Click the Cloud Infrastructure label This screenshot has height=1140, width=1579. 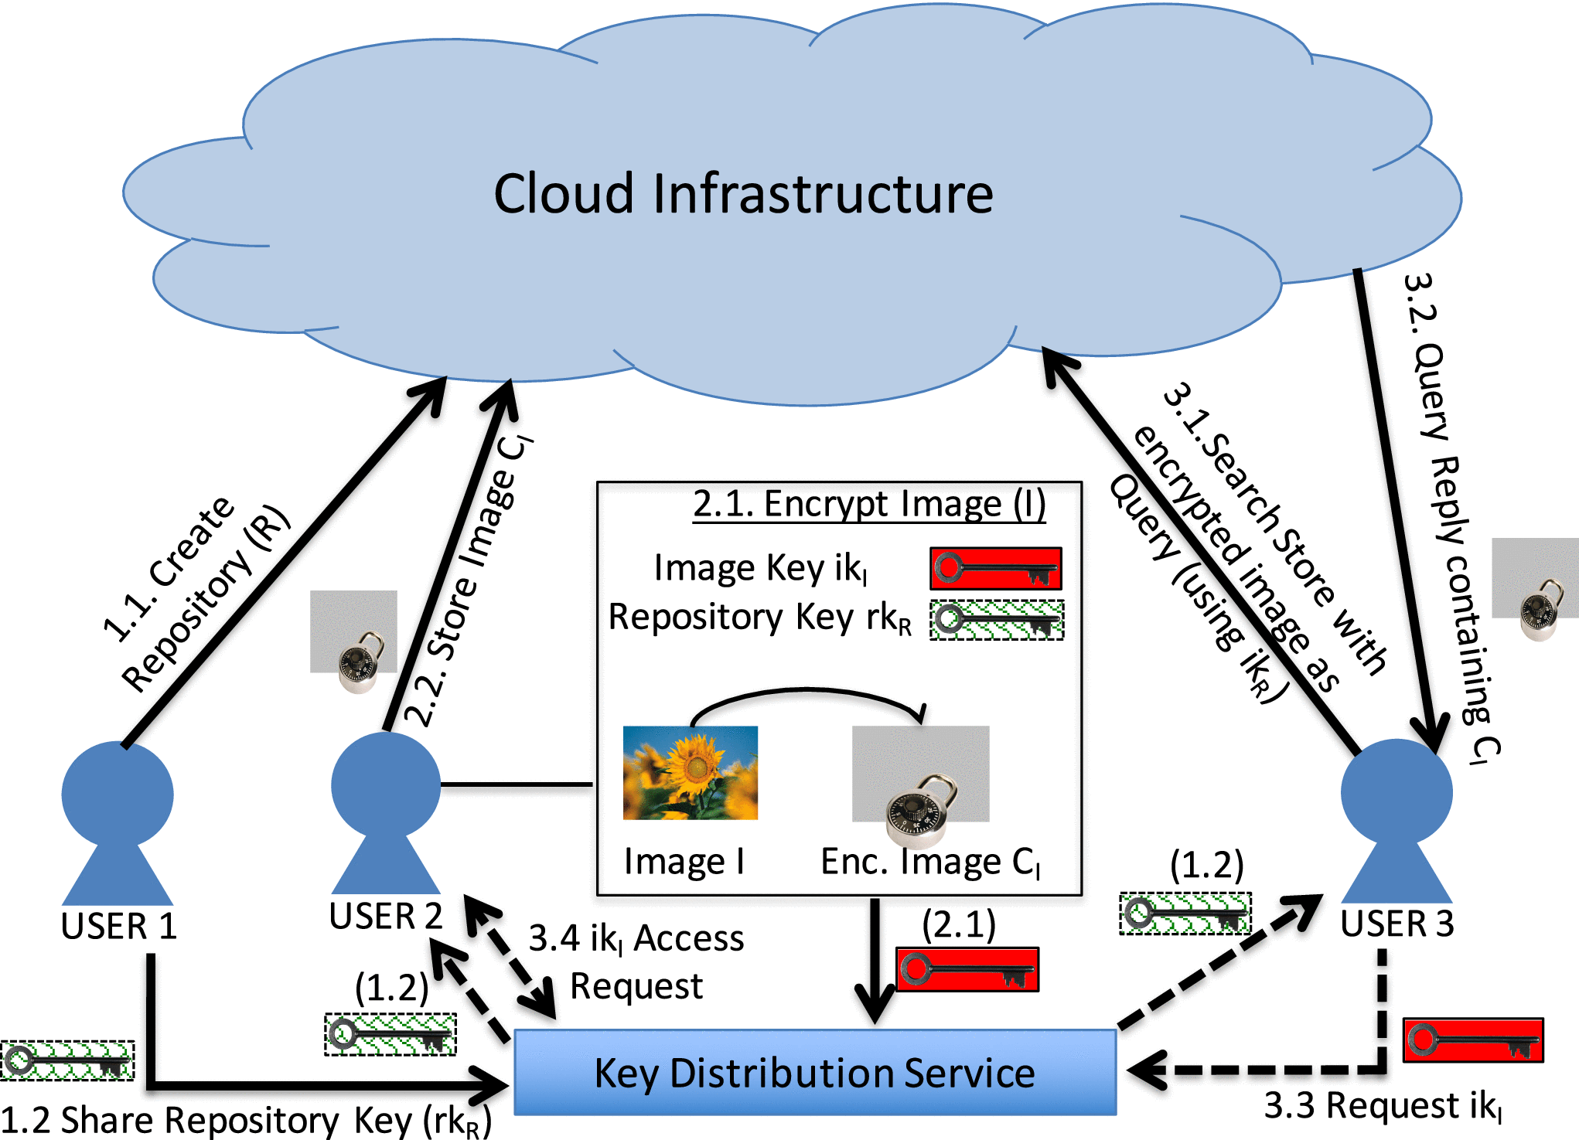pyautogui.click(x=743, y=193)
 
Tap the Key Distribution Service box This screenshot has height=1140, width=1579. pyautogui.click(x=815, y=1073)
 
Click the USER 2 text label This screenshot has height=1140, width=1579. pyautogui.click(x=385, y=916)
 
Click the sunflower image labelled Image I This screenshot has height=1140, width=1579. pyautogui.click(x=691, y=773)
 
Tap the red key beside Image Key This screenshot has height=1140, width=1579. pyautogui.click(x=995, y=569)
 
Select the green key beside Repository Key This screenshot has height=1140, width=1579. pyautogui.click(x=996, y=621)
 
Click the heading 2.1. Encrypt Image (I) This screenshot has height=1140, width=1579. pyautogui.click(x=869, y=504)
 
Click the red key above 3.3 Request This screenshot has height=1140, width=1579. pyautogui.click(x=1473, y=1040)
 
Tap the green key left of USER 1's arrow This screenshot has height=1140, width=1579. pyautogui.click(x=68, y=1060)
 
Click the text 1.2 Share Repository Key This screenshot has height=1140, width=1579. pyautogui.click(x=246, y=1120)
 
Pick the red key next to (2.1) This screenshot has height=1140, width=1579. pyautogui.click(x=967, y=970)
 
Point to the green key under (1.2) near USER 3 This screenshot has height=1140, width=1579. pyautogui.click(x=1185, y=914)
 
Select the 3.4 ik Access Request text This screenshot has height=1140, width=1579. pyautogui.click(x=636, y=961)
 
